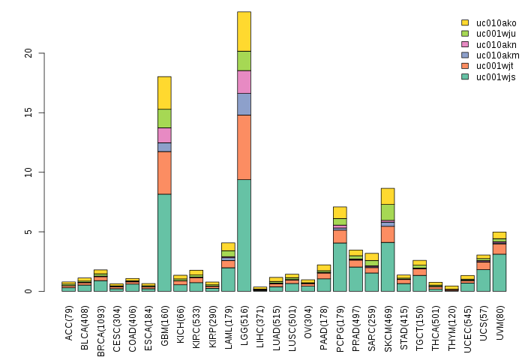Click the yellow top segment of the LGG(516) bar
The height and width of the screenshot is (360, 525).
point(244,31)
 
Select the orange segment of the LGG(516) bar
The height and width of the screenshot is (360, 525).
point(244,147)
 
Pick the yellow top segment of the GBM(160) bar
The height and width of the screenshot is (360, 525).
point(164,92)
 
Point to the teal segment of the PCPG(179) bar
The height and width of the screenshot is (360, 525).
point(340,267)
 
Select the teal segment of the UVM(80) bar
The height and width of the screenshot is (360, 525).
point(499,272)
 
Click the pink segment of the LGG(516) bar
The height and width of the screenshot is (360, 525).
point(244,82)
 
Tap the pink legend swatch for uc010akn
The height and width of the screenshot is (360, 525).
point(465,45)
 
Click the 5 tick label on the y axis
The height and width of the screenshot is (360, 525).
point(28,232)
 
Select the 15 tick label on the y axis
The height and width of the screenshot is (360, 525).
point(28,112)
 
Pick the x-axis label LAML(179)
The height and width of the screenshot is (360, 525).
point(229,319)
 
